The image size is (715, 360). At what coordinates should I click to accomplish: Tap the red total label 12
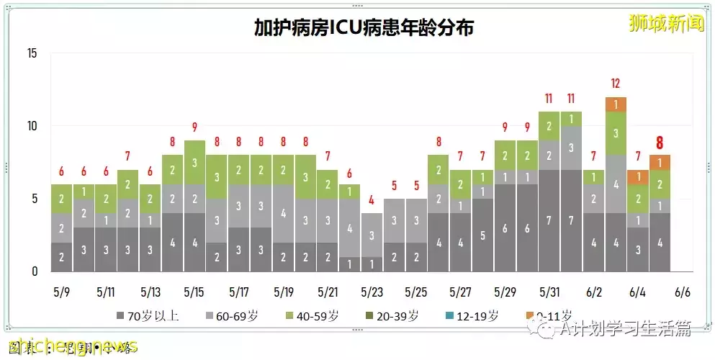coord(616,84)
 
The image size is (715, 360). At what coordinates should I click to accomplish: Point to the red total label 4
coord(372,200)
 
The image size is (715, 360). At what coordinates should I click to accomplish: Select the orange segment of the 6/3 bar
coord(616,104)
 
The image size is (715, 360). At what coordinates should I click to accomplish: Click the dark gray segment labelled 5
coord(483,235)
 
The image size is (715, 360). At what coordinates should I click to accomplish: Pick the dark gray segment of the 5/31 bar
coord(549,220)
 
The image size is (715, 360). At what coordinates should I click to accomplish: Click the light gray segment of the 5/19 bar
coord(283,213)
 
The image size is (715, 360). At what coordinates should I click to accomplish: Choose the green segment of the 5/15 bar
coord(194,162)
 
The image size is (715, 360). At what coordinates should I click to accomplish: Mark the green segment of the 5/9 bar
coord(61,199)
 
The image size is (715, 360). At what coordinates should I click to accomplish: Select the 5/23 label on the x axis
coord(372,292)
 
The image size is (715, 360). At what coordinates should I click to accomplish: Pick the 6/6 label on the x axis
coord(682,292)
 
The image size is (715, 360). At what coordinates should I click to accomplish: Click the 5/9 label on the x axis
coord(61,292)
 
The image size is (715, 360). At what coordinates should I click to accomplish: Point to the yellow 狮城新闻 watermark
coord(667,23)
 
